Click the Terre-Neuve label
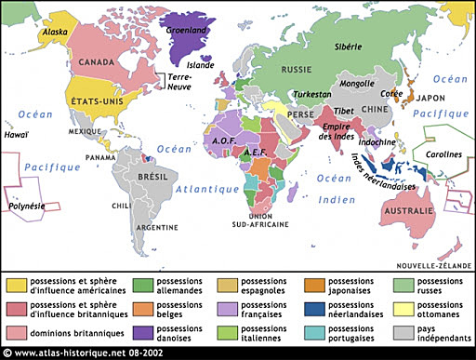coord(179,83)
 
